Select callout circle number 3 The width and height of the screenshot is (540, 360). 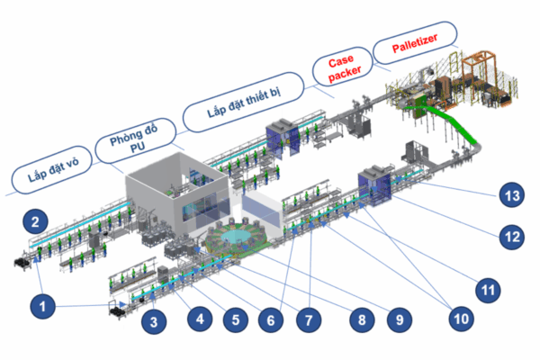tap(155, 321)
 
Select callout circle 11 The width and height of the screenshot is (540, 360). tap(487, 290)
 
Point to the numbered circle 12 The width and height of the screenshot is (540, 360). tap(510, 238)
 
